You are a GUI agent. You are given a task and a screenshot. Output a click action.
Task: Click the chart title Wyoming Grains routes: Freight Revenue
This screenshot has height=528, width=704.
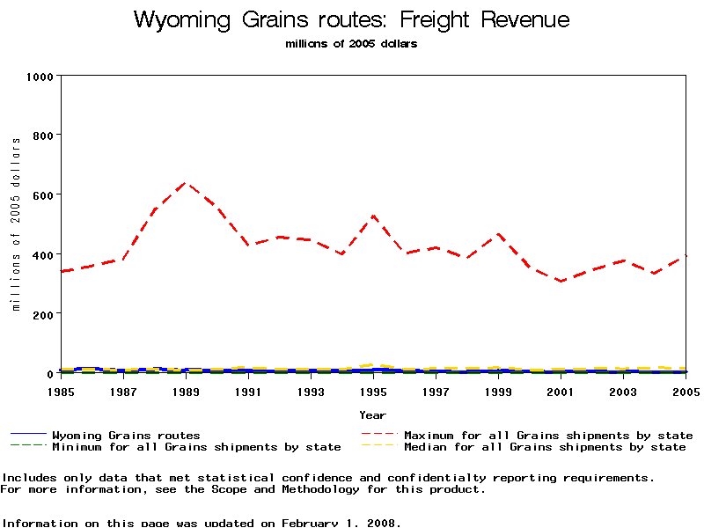(x=352, y=20)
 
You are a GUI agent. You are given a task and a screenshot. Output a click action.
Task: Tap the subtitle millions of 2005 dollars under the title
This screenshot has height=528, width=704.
(x=352, y=44)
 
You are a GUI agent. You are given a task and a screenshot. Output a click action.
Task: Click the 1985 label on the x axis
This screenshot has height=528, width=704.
(x=61, y=391)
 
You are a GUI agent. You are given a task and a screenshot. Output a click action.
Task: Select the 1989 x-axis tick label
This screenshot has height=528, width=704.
(x=186, y=391)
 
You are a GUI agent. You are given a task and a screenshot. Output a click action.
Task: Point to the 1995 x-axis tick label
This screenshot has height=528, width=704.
(x=373, y=391)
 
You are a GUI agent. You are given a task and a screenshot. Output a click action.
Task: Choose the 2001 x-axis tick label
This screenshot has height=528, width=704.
(x=561, y=391)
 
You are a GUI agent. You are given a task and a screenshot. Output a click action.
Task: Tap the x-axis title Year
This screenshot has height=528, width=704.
(x=372, y=414)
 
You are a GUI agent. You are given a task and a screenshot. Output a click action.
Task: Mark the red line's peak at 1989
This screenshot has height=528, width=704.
(x=186, y=183)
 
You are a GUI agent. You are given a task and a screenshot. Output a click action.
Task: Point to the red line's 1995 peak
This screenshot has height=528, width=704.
(x=373, y=216)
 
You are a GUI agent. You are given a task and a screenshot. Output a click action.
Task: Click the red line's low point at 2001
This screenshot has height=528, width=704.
(x=561, y=282)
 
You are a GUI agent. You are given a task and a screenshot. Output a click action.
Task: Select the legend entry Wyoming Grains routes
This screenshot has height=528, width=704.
(x=126, y=435)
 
